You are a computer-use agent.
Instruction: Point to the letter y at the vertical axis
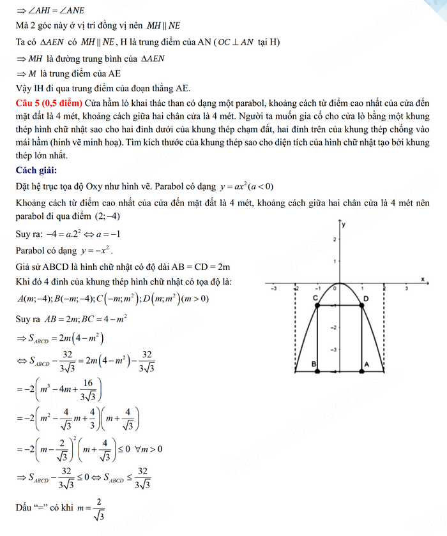[344, 225]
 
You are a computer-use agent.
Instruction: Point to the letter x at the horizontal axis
[423, 278]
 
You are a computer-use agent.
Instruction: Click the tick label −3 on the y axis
[332, 350]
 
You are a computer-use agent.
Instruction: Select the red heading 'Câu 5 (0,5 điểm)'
[50, 103]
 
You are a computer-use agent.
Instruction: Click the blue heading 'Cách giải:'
[38, 170]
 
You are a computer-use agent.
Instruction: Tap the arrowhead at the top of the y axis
[340, 222]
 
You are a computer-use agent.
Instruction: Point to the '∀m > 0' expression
[148, 449]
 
